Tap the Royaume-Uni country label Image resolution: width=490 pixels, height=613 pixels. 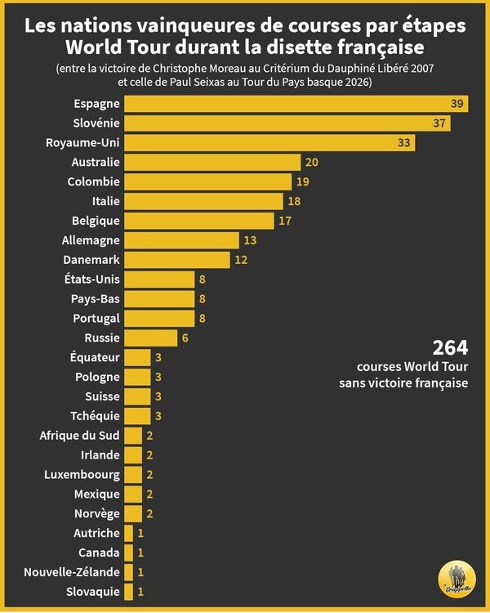pyautogui.click(x=83, y=143)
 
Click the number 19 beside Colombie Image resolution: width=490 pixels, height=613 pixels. pyautogui.click(x=303, y=181)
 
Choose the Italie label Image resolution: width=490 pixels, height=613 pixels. pyautogui.click(x=106, y=201)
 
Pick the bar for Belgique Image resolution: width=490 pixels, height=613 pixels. pyautogui.click(x=199, y=221)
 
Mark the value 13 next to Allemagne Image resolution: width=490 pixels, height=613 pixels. pyautogui.click(x=250, y=240)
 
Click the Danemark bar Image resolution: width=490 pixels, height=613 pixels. pyautogui.click(x=177, y=260)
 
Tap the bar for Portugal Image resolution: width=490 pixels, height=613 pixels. pyautogui.click(x=159, y=318)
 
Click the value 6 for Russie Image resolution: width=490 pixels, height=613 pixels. pyautogui.click(x=185, y=338)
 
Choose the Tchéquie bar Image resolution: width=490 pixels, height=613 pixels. pyautogui.click(x=137, y=416)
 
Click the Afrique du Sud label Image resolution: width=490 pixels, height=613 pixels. pyautogui.click(x=80, y=436)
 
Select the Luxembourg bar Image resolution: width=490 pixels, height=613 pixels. pyautogui.click(x=133, y=475)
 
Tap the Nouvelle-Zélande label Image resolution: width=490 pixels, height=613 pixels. pyautogui.click(x=72, y=572)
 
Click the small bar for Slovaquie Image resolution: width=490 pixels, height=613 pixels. pyautogui.click(x=128, y=592)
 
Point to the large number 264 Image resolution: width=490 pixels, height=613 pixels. pyautogui.click(x=450, y=347)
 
